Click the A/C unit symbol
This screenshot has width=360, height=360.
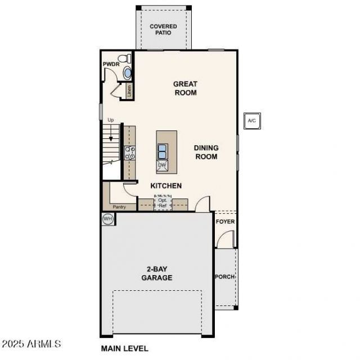point(252,121)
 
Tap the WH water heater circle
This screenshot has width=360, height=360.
point(107,219)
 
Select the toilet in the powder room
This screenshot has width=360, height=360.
point(124,58)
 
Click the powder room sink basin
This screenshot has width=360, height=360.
point(127,73)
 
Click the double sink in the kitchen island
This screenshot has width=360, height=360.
point(162,151)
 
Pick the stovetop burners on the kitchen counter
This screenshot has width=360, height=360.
point(130,153)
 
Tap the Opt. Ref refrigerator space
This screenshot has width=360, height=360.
point(163,202)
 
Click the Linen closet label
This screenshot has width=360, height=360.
point(129,91)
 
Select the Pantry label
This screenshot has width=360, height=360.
point(119,207)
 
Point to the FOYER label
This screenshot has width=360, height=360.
point(225,222)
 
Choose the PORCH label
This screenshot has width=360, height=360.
point(225,277)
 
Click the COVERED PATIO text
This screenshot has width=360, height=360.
point(163,29)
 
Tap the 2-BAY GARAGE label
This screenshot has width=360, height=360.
point(157,273)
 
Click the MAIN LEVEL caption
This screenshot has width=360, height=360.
point(125,349)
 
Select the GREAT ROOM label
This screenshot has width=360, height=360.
point(185,88)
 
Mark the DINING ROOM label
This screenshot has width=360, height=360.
point(206,152)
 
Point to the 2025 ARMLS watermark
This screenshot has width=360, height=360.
point(31,344)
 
